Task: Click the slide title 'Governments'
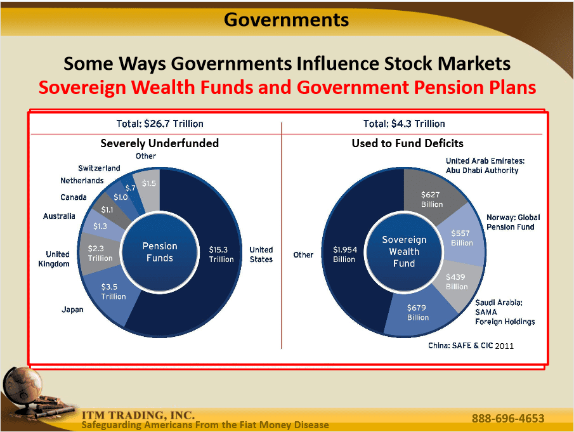pos(286,20)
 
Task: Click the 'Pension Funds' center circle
pos(160,252)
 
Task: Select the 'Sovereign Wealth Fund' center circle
pos(404,251)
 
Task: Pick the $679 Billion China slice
pos(417,313)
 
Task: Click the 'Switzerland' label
pos(99,168)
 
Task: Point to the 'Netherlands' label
pos(82,181)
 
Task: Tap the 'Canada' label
pos(74,197)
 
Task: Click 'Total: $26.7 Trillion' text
pos(160,124)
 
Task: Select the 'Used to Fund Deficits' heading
pos(407,143)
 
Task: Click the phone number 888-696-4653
pos(508,419)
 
